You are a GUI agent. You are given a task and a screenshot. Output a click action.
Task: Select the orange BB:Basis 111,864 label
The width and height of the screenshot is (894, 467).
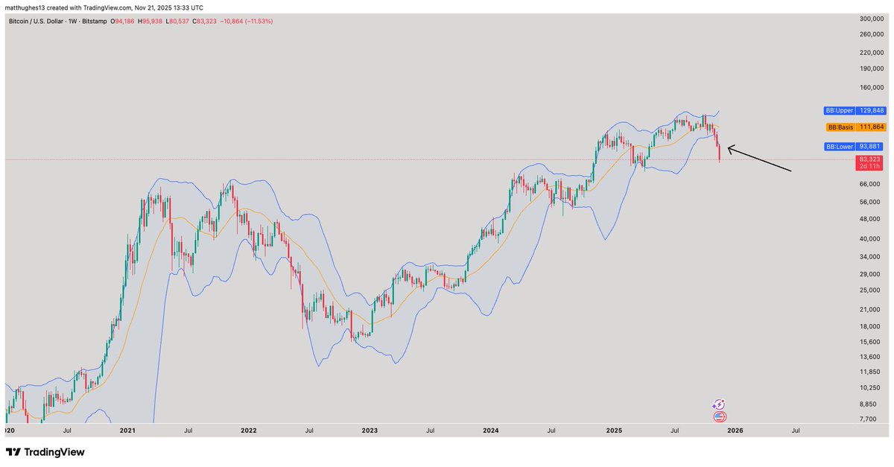click(855, 127)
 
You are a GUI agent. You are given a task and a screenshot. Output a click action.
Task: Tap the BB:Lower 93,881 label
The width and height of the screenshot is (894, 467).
click(854, 147)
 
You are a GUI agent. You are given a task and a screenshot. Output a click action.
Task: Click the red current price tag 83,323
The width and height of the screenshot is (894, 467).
click(869, 159)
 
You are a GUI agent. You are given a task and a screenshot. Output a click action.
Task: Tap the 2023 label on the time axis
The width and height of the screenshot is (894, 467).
click(370, 431)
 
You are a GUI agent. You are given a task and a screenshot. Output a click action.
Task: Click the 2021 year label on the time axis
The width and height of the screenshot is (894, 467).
click(127, 431)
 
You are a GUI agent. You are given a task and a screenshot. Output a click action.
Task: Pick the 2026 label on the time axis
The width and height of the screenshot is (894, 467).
click(735, 431)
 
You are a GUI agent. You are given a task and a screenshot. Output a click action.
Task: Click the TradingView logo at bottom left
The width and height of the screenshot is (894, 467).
click(45, 452)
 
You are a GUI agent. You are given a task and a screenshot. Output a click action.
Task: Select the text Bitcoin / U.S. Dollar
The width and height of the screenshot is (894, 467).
click(39, 22)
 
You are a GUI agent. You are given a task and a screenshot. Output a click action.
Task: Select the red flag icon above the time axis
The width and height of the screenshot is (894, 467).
click(720, 417)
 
